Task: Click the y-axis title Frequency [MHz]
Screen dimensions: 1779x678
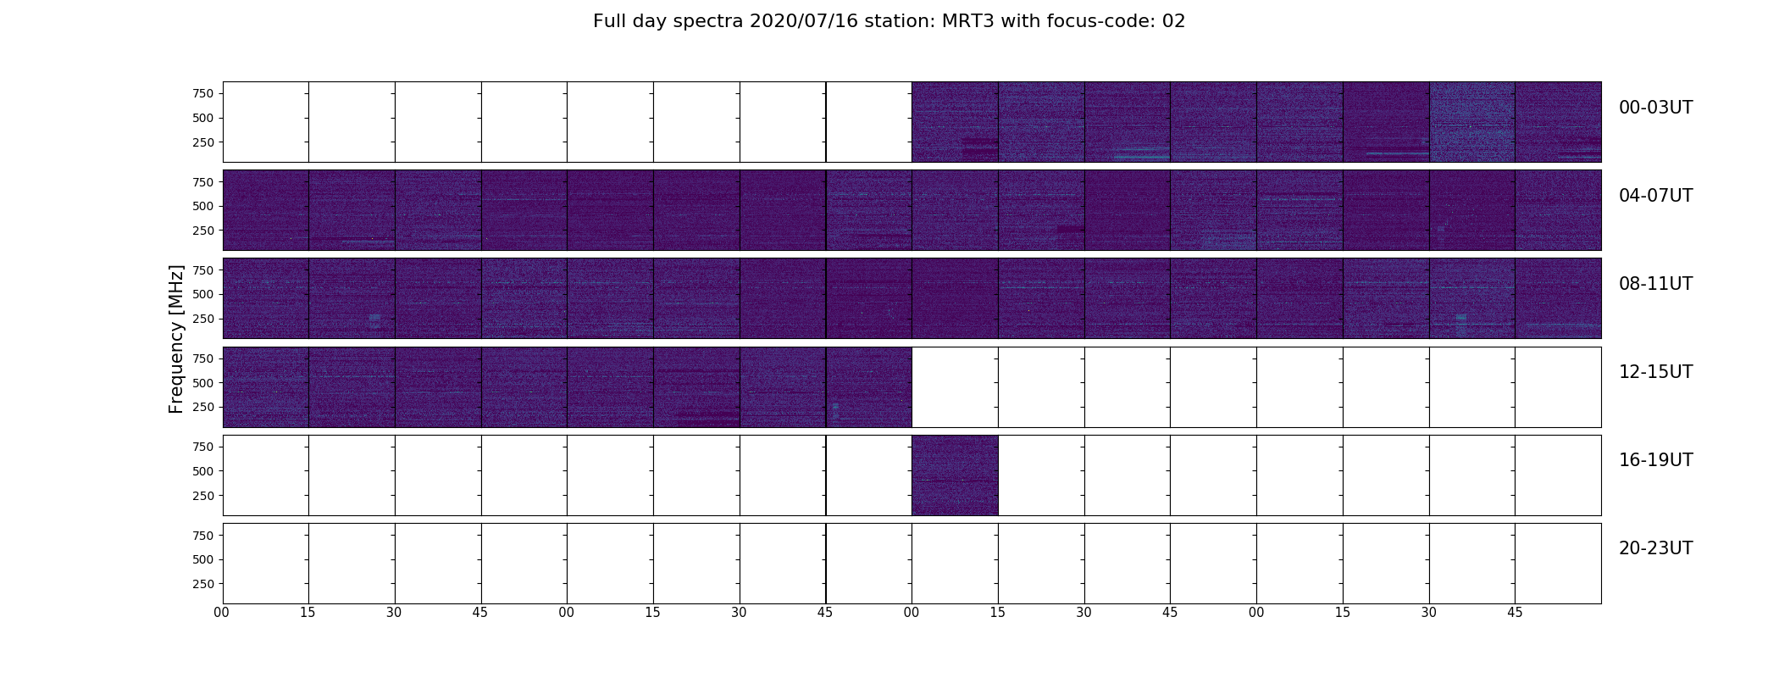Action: [176, 339]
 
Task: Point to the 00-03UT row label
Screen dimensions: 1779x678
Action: [1655, 108]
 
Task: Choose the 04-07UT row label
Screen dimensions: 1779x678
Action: [1655, 196]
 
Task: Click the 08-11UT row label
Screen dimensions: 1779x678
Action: [1655, 284]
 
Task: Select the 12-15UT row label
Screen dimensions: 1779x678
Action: [1655, 372]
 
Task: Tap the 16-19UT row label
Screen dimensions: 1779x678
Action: [1655, 460]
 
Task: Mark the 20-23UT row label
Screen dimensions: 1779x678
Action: [1655, 548]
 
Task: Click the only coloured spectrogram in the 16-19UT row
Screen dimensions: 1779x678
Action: [955, 475]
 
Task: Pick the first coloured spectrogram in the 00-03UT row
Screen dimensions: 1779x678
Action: [955, 122]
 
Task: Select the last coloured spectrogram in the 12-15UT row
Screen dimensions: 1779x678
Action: [868, 387]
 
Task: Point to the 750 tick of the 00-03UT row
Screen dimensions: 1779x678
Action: [202, 93]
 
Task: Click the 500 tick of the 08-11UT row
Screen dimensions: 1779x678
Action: [202, 294]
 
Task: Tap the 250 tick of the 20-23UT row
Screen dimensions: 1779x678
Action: [202, 584]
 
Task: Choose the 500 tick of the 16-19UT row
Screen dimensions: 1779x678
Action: [202, 471]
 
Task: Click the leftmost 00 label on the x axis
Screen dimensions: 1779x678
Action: [222, 613]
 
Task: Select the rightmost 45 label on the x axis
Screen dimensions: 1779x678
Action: [1515, 613]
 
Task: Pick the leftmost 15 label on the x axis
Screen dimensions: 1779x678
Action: [308, 613]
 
